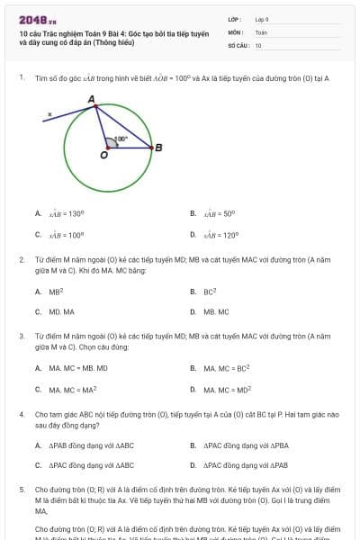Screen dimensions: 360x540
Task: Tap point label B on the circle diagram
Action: tap(158, 148)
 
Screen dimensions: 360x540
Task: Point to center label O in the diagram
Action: tap(103, 156)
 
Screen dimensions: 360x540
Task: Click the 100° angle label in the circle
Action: tap(121, 139)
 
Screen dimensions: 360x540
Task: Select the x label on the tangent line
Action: tap(49, 113)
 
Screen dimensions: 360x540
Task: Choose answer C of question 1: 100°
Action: tap(67, 236)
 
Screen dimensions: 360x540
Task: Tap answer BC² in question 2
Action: tap(210, 292)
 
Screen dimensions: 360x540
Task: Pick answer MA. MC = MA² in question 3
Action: tap(73, 390)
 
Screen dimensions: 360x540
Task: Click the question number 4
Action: tap(22, 415)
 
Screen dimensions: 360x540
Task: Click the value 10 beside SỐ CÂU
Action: tap(258, 45)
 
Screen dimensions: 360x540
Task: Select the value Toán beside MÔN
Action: tap(261, 31)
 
